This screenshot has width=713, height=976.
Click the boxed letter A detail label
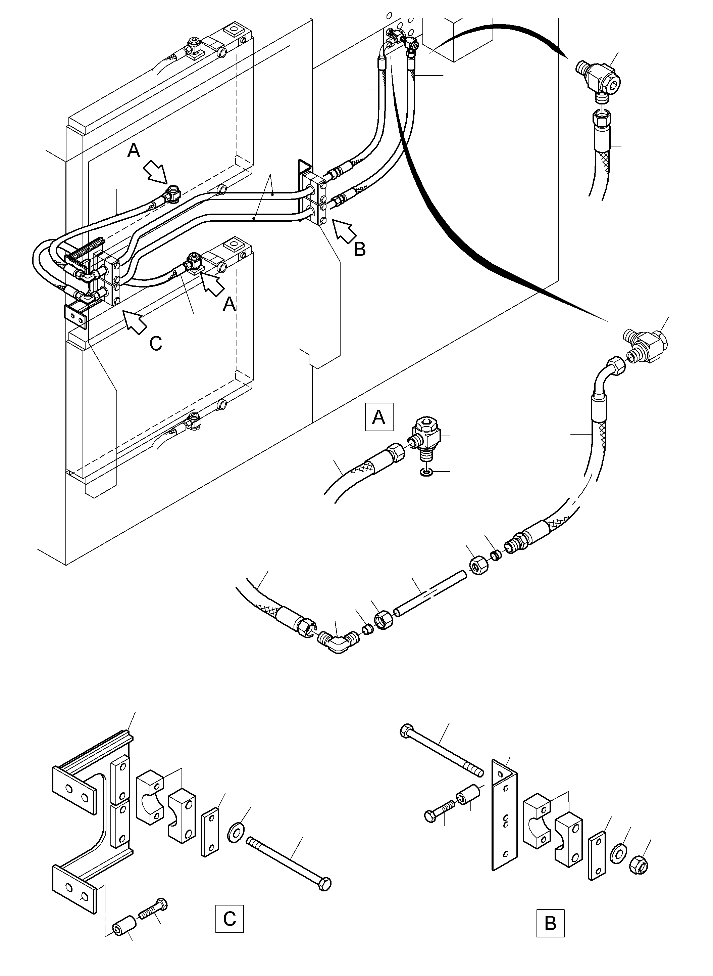pyautogui.click(x=378, y=417)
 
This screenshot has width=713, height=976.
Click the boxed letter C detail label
pyautogui.click(x=229, y=918)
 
